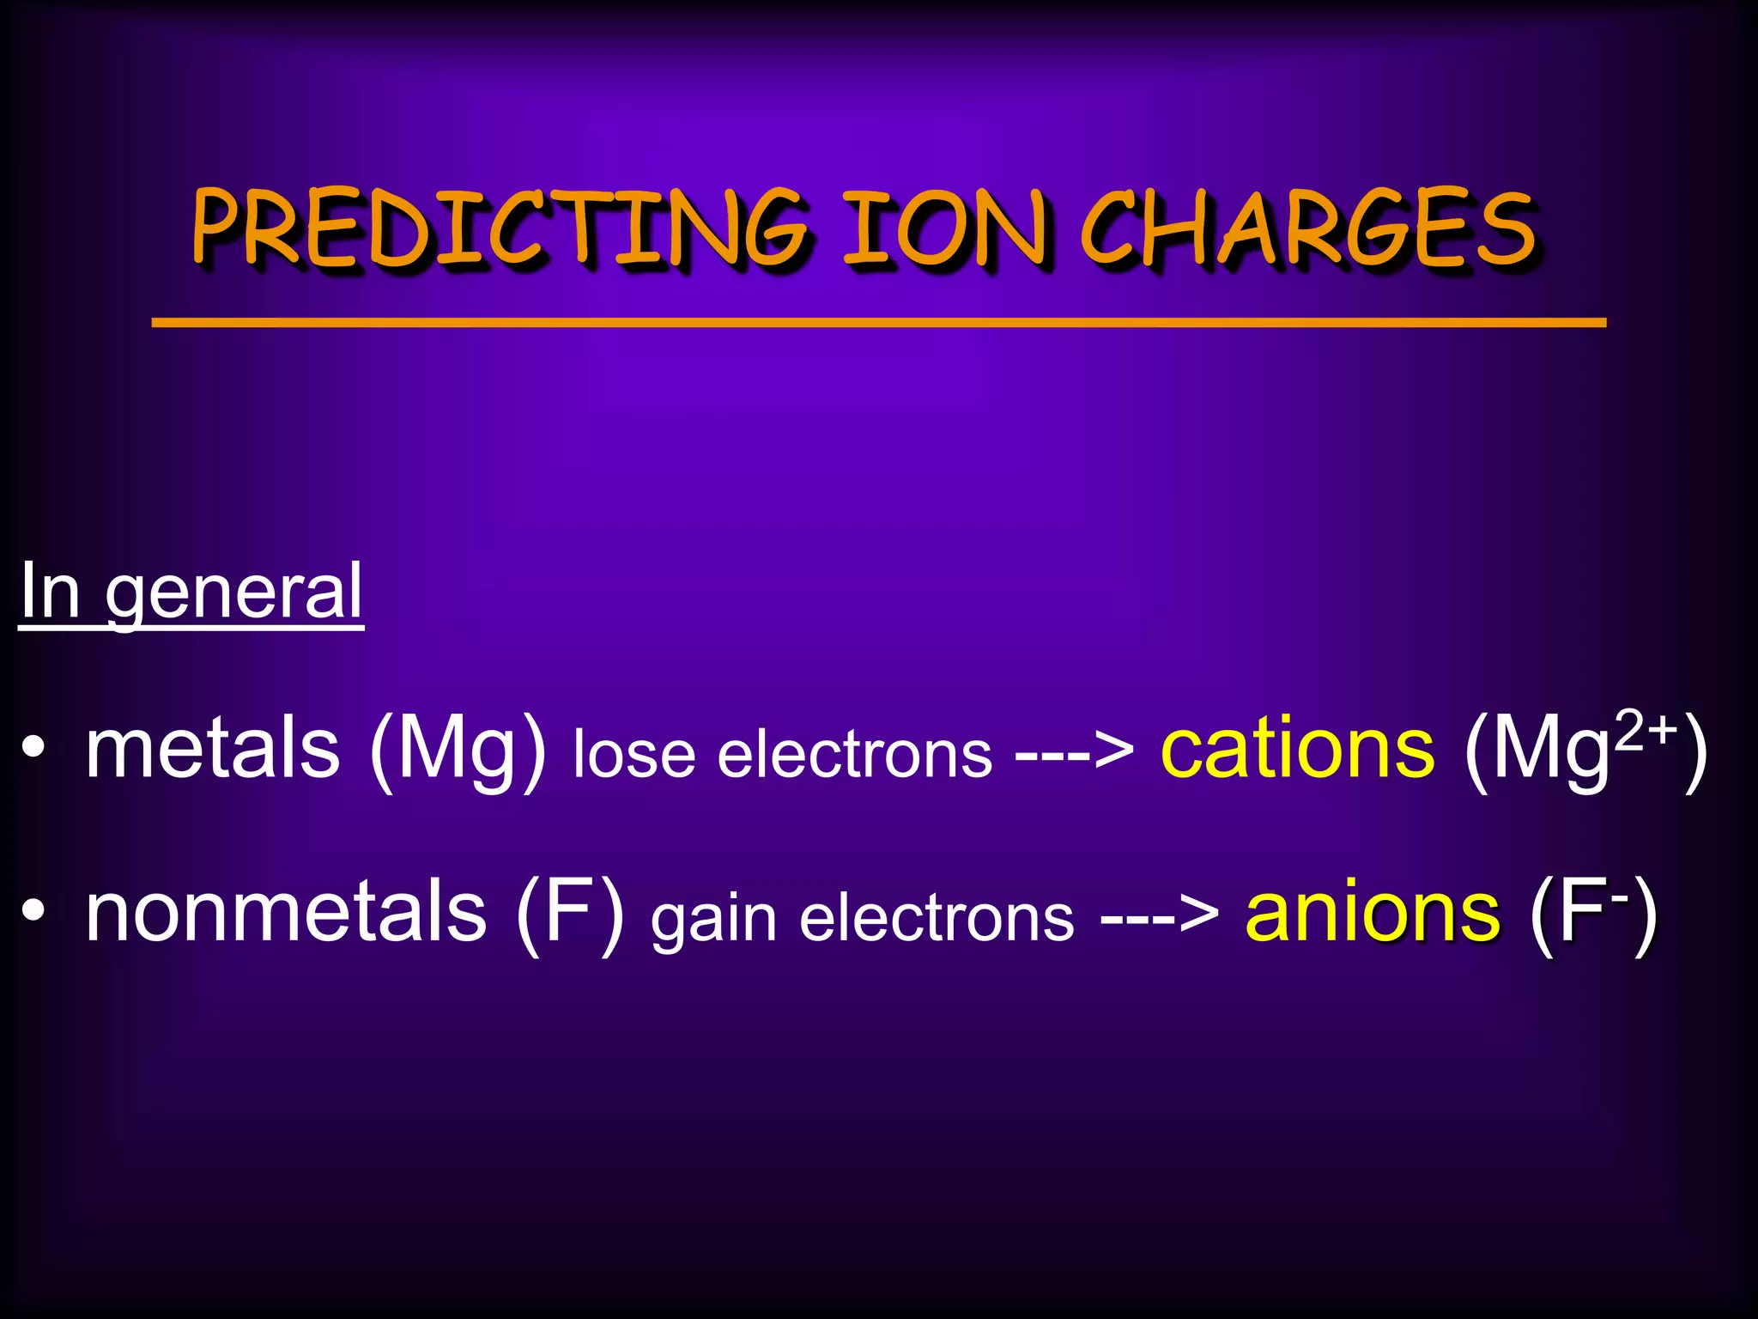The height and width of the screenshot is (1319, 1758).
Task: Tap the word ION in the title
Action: [x=944, y=228]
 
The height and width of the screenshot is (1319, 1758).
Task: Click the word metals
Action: [x=213, y=750]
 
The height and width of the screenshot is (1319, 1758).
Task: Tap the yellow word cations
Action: [x=1297, y=750]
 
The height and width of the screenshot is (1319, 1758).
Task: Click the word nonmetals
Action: [x=286, y=912]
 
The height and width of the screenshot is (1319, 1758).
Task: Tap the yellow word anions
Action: [x=1372, y=913]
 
